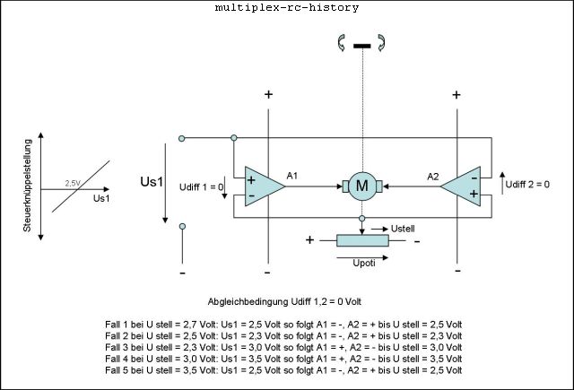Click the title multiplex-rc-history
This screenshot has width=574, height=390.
tap(286, 8)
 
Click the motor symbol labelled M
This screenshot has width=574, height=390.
tap(362, 186)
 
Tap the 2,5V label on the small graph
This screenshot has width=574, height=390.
tap(73, 183)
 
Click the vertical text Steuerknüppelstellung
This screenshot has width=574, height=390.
tap(28, 186)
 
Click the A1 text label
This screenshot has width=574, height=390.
tap(292, 176)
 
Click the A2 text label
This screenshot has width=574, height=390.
tap(432, 177)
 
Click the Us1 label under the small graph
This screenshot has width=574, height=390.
tap(101, 197)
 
